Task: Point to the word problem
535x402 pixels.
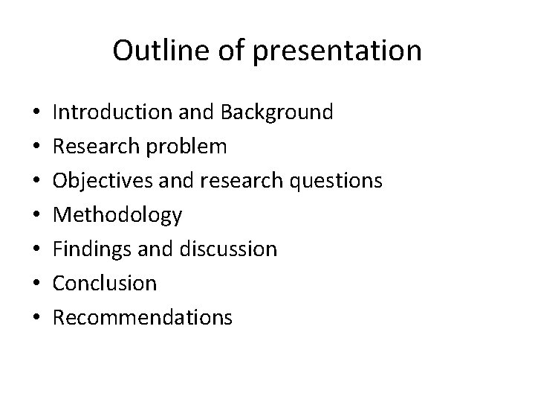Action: coord(189,147)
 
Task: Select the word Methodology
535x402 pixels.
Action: coord(118,215)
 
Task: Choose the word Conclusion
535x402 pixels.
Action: coord(106,284)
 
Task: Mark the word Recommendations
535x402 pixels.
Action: coord(143,318)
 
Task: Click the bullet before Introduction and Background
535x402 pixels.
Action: coord(37,114)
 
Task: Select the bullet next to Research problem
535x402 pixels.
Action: coord(37,148)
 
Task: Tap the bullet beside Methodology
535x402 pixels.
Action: coord(37,217)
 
